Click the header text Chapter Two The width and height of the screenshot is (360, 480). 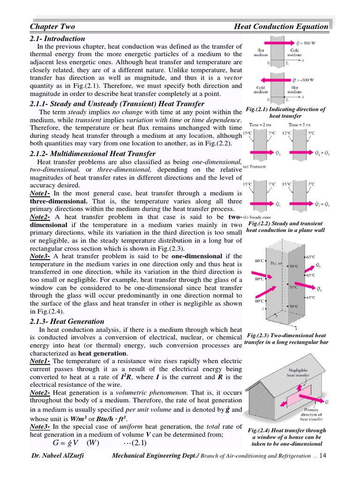tap(52, 27)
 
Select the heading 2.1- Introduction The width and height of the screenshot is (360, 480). tap(57, 38)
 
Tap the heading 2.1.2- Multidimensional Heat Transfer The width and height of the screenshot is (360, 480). tap(92, 154)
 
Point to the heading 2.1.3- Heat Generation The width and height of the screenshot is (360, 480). tap(67, 321)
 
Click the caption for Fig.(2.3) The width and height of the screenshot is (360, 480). tap(286, 339)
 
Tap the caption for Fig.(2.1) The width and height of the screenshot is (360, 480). tap(285, 112)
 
